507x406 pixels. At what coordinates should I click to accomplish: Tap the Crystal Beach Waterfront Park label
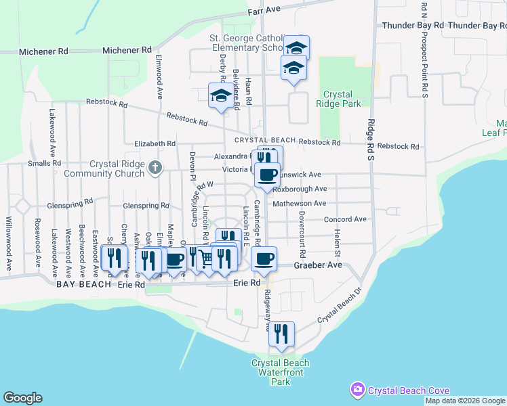pos(281,372)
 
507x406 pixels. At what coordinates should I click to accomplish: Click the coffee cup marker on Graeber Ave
pos(264,258)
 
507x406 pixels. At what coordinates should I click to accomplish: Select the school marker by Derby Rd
pos(220,95)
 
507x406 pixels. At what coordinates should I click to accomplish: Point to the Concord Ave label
pos(345,219)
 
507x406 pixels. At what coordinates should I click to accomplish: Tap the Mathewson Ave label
pos(300,203)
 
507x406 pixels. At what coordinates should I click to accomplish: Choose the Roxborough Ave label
pos(305,189)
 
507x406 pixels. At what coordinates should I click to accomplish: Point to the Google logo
pos(22,398)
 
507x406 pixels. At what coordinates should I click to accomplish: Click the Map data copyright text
pos(465,401)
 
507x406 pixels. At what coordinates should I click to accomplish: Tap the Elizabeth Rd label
pos(155,143)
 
